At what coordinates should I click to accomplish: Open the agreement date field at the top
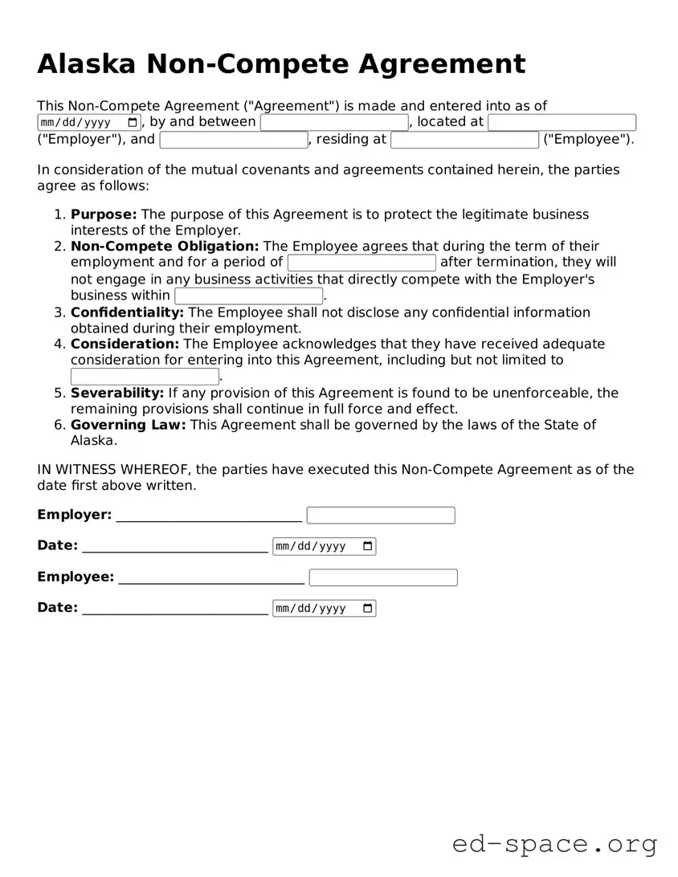tap(88, 123)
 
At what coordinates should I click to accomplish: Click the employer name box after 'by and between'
tap(334, 122)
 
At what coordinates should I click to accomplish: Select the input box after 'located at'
tap(562, 122)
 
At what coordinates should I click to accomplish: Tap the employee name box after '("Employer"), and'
tap(234, 140)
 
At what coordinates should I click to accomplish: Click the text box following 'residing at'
tap(464, 140)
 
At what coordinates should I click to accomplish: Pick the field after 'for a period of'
tap(361, 263)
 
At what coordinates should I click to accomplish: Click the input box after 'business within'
tap(248, 296)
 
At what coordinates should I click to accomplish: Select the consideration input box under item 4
tap(145, 377)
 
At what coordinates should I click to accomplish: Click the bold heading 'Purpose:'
tap(104, 214)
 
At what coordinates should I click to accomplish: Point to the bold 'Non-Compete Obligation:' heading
tap(165, 247)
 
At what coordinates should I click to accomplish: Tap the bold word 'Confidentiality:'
tap(127, 312)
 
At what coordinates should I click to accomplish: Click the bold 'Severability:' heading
tap(117, 393)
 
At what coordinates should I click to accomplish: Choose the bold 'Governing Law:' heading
tap(128, 425)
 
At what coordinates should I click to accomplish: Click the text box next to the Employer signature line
tap(381, 515)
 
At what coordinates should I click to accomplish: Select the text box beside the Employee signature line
tap(383, 577)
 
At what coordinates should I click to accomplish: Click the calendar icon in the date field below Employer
tap(368, 546)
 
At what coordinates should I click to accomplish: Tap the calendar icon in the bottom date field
tap(368, 608)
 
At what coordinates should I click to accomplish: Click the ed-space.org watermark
tap(554, 844)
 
